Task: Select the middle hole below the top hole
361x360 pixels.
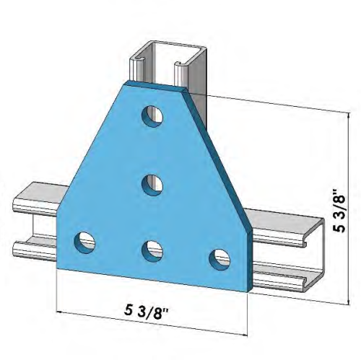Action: tap(151, 184)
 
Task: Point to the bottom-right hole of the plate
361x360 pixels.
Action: tap(217, 258)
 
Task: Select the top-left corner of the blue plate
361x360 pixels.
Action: tap(123, 83)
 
